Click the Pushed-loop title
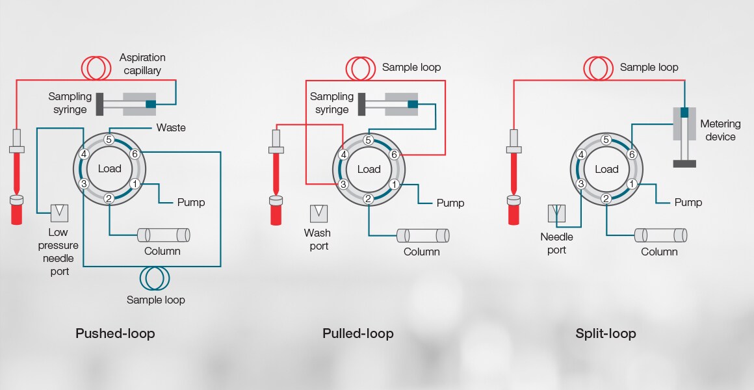(x=115, y=334)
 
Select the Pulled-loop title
(x=358, y=334)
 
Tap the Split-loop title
(x=606, y=334)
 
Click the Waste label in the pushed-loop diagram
(x=171, y=127)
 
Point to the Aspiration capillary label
(x=143, y=63)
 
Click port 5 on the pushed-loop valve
(x=109, y=139)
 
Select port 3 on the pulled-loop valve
(x=343, y=184)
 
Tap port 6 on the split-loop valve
(x=631, y=155)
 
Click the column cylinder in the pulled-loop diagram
(x=423, y=235)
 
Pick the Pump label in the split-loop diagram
(x=688, y=202)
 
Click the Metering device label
(x=718, y=130)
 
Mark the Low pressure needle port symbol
(x=60, y=212)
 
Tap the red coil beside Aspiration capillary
(x=96, y=66)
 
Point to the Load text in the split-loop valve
(x=606, y=169)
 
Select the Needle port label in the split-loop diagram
(x=556, y=244)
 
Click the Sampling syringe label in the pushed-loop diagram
(x=70, y=103)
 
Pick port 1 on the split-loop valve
(x=631, y=184)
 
